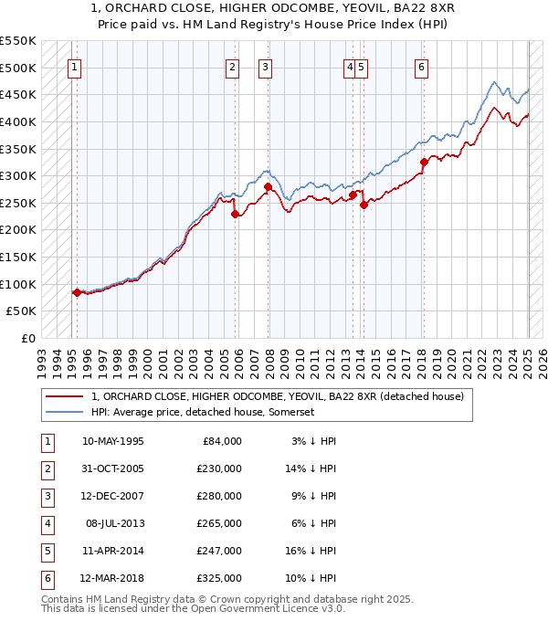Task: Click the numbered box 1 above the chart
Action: [x=73, y=66]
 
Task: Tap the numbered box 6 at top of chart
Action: [x=421, y=66]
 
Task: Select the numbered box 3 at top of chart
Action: [x=264, y=66]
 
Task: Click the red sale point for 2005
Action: [x=235, y=214]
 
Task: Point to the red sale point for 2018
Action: [x=424, y=163]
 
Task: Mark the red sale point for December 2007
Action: [x=269, y=187]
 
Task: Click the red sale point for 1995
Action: [x=77, y=292]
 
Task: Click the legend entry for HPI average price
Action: [x=203, y=412]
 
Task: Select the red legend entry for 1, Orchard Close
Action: [x=278, y=396]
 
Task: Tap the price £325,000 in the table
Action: [x=220, y=578]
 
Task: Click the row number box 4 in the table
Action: [x=47, y=523]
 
